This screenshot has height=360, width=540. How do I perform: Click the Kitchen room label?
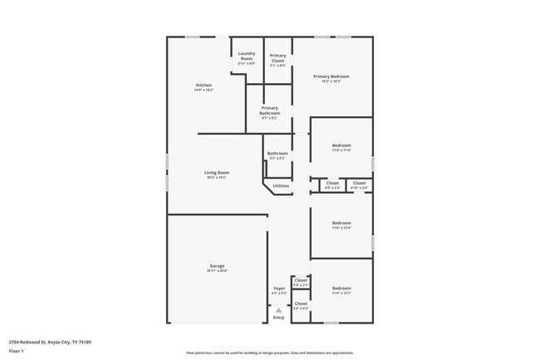(204, 86)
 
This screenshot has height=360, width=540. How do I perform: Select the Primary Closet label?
(277, 57)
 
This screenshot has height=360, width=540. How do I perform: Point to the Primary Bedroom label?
(331, 76)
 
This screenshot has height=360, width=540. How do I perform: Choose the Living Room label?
(216, 173)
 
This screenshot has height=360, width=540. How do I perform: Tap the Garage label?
(216, 267)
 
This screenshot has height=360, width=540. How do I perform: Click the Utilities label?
(281, 185)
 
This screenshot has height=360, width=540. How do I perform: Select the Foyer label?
(279, 288)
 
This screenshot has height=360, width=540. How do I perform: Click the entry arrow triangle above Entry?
(279, 310)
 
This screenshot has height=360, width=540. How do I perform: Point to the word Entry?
(279, 318)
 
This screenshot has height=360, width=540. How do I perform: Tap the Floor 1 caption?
(17, 351)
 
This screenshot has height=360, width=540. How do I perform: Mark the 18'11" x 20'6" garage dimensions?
(216, 271)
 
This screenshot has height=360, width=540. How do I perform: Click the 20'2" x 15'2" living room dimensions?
(216, 177)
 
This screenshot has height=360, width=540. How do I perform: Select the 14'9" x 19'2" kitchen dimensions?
(204, 90)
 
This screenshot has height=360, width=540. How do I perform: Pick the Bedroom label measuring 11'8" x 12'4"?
(341, 223)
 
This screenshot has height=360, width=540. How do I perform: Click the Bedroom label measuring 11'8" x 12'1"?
(341, 288)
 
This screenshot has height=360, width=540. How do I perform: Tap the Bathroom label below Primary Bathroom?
(277, 153)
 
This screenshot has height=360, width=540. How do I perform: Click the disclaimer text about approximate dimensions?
(270, 353)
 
